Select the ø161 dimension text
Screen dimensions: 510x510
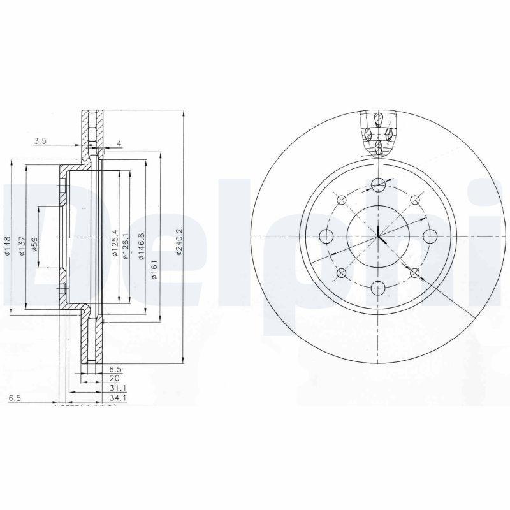(x=154, y=268)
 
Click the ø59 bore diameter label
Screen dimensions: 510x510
(x=34, y=245)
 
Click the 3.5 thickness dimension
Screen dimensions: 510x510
(x=40, y=141)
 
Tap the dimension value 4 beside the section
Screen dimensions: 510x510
(x=119, y=144)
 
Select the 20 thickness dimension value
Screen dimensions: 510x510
(x=115, y=377)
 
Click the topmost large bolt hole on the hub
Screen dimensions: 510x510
(x=379, y=185)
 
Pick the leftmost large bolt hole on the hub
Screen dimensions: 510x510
(x=327, y=237)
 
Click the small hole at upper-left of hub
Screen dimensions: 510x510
(x=341, y=200)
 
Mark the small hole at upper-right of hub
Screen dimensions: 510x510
(x=415, y=200)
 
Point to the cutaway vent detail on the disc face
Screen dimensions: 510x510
(x=378, y=135)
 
